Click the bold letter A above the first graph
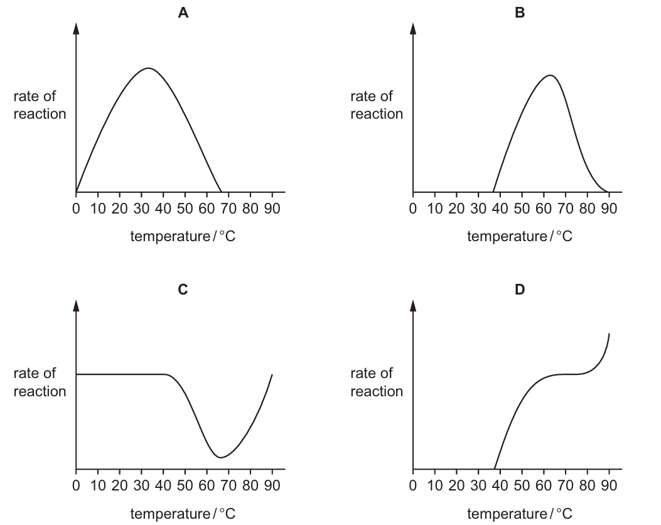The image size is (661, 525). point(183,13)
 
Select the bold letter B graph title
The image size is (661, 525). point(520,13)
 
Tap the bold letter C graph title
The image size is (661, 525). point(183,290)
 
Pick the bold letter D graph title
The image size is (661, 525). point(520,290)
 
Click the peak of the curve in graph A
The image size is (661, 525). point(148,68)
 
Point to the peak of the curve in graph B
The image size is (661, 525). point(550,75)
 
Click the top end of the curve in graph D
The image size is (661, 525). point(609,333)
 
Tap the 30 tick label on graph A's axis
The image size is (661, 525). point(142,208)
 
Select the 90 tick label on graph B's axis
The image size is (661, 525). point(609,208)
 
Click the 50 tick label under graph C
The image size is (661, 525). point(185,485)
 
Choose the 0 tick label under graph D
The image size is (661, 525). point(413,485)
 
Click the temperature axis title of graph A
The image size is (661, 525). point(183,236)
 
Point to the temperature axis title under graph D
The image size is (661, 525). point(520,514)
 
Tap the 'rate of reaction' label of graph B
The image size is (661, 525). point(377,105)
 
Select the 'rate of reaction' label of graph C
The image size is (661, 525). point(40,382)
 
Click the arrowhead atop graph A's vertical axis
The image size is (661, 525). point(76,28)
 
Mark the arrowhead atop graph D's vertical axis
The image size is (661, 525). point(413,305)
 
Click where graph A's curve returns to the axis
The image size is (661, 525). point(221,192)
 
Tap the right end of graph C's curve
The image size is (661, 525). point(272,374)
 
